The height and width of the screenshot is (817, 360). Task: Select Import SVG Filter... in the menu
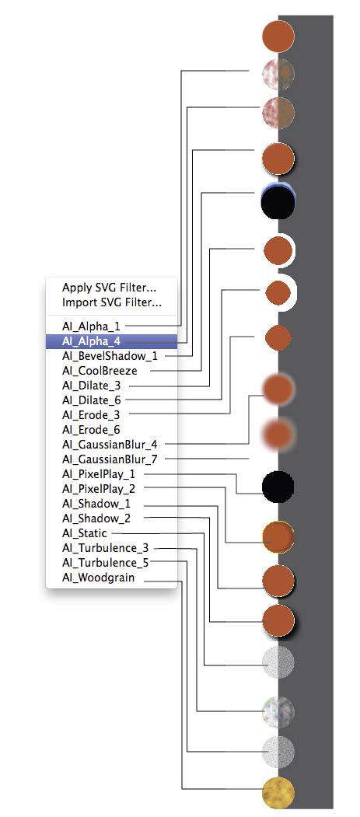[x=111, y=302]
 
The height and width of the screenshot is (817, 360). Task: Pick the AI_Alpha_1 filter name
[x=91, y=326]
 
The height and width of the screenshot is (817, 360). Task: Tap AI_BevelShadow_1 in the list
[x=110, y=355]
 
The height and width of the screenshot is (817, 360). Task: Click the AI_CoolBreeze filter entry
[x=100, y=370]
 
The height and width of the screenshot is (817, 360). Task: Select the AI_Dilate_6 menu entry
[x=91, y=400]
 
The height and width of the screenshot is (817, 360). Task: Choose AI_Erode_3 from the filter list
[x=91, y=414]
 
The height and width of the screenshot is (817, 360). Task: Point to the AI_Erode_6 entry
[x=91, y=429]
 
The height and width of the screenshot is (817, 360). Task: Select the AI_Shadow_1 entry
[x=96, y=503]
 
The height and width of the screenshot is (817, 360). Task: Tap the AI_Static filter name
[x=85, y=533]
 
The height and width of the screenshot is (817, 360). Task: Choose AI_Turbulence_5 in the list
[x=105, y=562]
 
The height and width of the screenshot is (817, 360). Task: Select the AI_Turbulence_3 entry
[x=105, y=548]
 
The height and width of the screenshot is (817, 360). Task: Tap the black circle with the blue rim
[x=278, y=204]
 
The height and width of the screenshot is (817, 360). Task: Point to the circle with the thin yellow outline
[x=278, y=536]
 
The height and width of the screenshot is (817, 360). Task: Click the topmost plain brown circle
[x=278, y=37]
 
